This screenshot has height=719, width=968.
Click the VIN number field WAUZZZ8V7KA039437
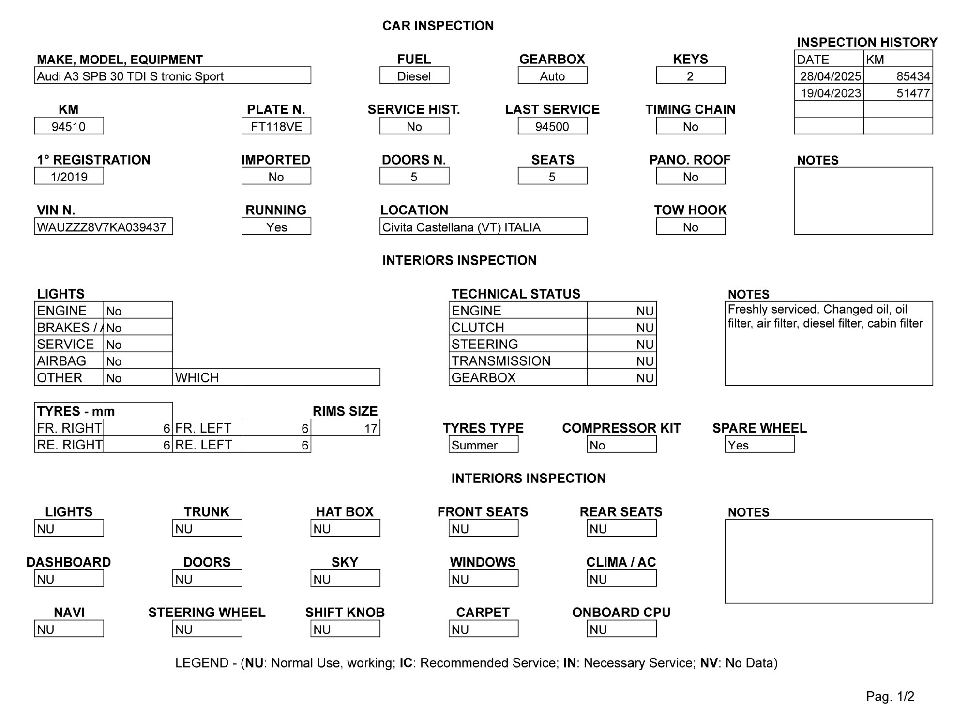[103, 226]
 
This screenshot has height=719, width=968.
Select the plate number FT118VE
[276, 126]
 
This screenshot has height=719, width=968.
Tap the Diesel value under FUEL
[414, 75]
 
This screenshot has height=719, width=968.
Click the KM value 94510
[69, 126]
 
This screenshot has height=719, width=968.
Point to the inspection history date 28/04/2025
[830, 76]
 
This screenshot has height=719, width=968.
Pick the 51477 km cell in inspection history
[898, 93]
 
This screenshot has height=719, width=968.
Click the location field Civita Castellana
[483, 226]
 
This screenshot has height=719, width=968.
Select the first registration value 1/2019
[69, 176]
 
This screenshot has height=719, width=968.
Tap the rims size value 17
[345, 428]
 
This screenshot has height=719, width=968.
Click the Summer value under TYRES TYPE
[483, 445]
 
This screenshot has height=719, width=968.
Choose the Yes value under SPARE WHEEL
[759, 445]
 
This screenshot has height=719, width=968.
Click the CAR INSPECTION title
[438, 26]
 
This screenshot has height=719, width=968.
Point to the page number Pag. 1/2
[890, 696]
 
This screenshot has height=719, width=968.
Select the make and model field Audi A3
[172, 75]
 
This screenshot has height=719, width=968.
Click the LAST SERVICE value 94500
[552, 126]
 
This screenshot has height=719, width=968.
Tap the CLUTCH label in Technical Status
[478, 328]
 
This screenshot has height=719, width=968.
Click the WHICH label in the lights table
[197, 377]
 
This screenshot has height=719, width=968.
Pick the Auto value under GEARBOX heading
[552, 75]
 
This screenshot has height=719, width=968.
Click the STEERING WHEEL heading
[207, 612]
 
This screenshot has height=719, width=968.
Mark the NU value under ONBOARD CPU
[621, 629]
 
